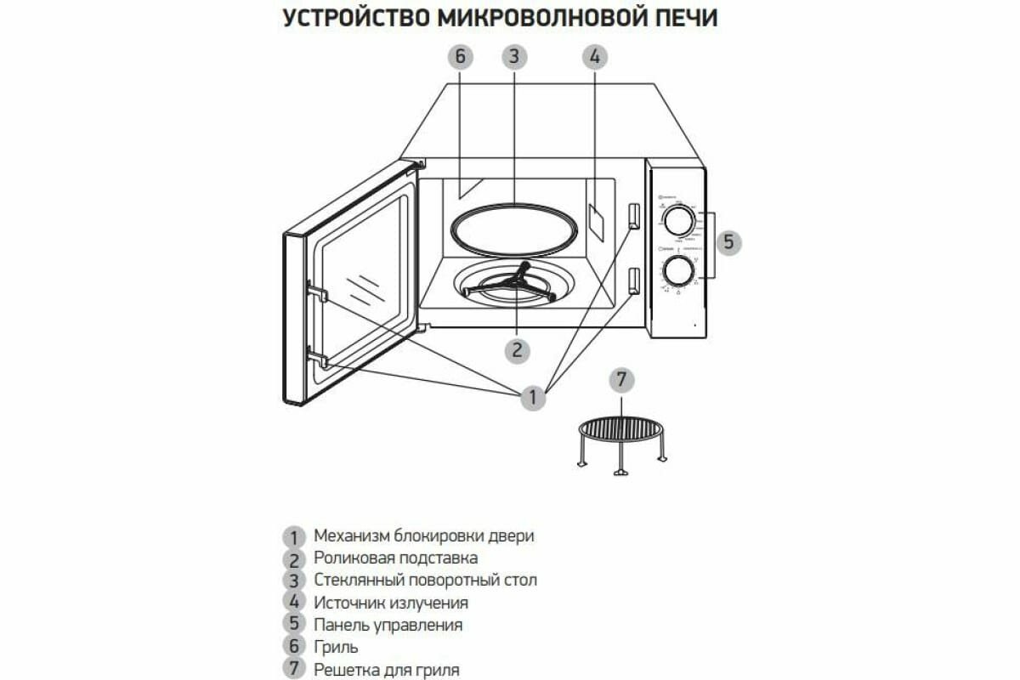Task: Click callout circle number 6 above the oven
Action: click(x=459, y=57)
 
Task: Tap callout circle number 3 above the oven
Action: click(x=513, y=57)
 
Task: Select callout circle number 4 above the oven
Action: click(x=594, y=57)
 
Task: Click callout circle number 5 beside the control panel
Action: click(x=728, y=242)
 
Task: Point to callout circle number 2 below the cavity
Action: click(x=517, y=350)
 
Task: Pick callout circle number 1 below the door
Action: click(x=533, y=397)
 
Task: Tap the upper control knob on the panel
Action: click(x=678, y=221)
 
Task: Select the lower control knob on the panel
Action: click(x=678, y=272)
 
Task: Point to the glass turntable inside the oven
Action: click(x=513, y=229)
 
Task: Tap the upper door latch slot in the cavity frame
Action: click(x=633, y=216)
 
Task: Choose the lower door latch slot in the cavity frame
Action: click(x=633, y=280)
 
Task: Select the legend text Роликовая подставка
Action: click(x=395, y=558)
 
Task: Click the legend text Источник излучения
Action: click(x=391, y=603)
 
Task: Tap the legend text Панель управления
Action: click(x=388, y=625)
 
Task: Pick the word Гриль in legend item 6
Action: click(x=335, y=647)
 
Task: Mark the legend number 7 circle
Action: click(x=293, y=669)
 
